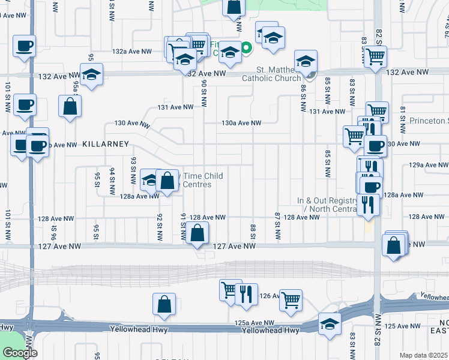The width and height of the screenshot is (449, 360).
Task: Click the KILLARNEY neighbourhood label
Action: click(x=106, y=144)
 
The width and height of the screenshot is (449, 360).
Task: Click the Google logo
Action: click(x=20, y=353)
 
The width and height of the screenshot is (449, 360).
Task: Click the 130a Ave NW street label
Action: click(x=241, y=123)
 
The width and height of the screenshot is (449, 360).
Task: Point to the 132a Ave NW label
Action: click(x=113, y=52)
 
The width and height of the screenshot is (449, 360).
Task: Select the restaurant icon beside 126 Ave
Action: click(x=246, y=293)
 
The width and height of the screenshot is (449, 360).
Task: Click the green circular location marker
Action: click(x=246, y=47)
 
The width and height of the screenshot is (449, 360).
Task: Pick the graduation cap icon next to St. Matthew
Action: click(x=306, y=61)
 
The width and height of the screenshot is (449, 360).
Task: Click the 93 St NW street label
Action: click(x=133, y=169)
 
